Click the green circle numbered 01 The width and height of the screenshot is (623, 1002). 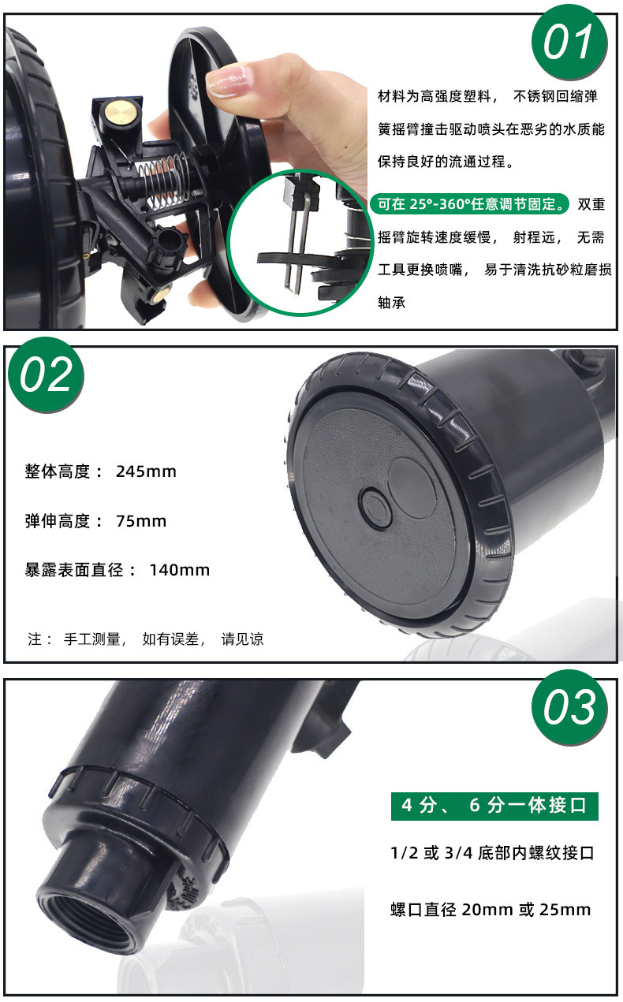[x=569, y=42]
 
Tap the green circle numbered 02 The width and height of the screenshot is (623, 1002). [x=46, y=374]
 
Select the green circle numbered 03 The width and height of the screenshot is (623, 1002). [x=569, y=707]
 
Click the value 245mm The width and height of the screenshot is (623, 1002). [x=146, y=471]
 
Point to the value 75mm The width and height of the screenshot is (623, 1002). [x=141, y=521]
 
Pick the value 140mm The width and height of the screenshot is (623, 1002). [x=180, y=570]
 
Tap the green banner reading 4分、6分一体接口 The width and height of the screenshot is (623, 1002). [x=494, y=805]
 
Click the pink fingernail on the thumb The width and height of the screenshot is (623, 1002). [x=226, y=81]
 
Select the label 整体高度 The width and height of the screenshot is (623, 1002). [x=58, y=471]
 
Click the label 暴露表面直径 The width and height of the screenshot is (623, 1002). [x=74, y=570]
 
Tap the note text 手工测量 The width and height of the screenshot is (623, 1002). [x=91, y=639]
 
